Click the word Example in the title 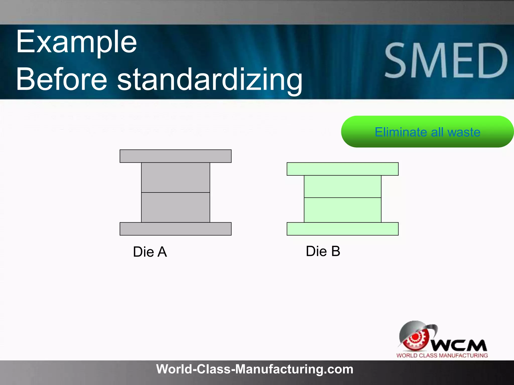[x=76, y=42]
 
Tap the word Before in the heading [x=62, y=79]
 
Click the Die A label [x=150, y=252]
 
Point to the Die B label [x=323, y=251]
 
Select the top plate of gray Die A [x=175, y=156]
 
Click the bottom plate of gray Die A [x=175, y=229]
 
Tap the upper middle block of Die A [x=175, y=177]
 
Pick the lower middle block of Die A [x=175, y=207]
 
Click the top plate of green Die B [x=342, y=169]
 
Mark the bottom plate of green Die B [x=342, y=229]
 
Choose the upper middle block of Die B [x=342, y=186]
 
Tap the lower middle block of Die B [x=342, y=210]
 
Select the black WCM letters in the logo [x=459, y=346]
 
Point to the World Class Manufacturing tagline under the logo [x=442, y=355]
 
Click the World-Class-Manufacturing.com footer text [x=254, y=369]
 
